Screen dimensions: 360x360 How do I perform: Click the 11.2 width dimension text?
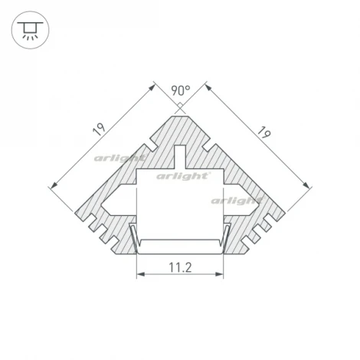pos(179,267)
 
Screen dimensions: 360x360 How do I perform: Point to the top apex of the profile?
pos(179,115)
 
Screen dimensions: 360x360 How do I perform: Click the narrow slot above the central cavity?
pos(179,156)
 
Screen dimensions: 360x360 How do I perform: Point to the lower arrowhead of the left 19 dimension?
pos(52,185)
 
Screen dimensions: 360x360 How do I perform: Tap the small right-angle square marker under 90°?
pos(179,106)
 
